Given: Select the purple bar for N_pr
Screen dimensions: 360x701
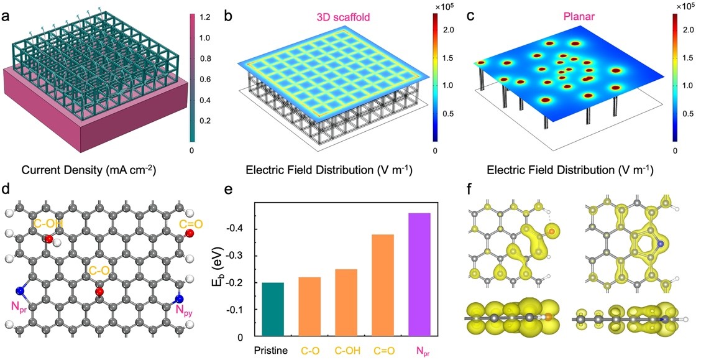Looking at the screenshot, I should [419, 275].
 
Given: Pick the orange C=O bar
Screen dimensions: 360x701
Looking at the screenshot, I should [383, 285].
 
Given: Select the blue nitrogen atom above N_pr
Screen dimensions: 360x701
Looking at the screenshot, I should [21, 290].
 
